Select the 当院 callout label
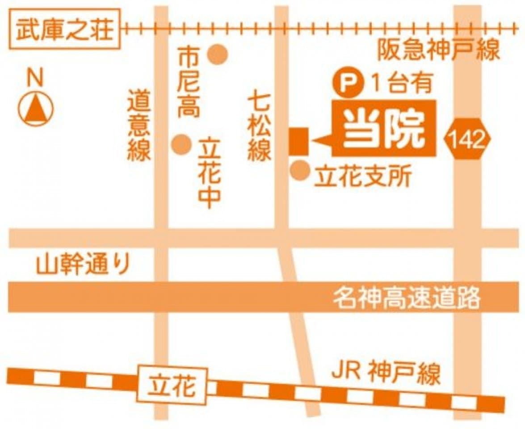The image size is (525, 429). point(383,129)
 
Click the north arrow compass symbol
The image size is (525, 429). point(36,109)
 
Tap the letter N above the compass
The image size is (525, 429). point(35,79)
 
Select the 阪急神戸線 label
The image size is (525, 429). point(438,50)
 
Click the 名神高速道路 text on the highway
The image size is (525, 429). point(406,297)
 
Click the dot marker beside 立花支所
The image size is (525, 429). point(300,170)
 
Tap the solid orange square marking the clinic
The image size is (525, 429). point(298,141)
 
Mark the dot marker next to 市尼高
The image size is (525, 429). point(218,55)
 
